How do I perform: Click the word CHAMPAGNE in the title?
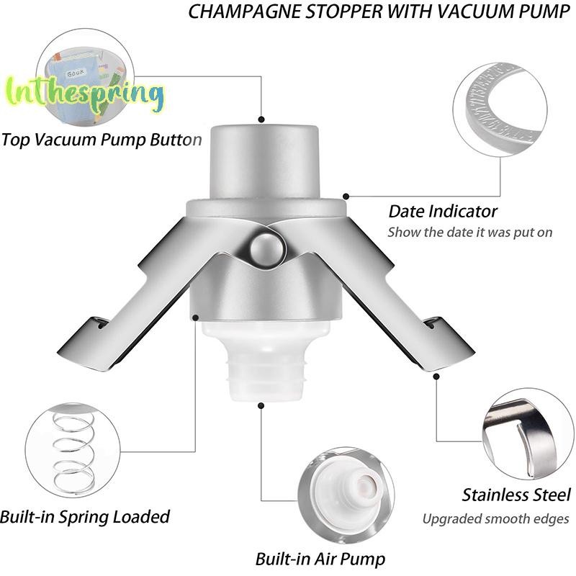pyautogui.click(x=245, y=11)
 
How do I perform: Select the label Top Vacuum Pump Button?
pyautogui.click(x=102, y=140)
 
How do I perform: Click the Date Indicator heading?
pyautogui.click(x=443, y=212)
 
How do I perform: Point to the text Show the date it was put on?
pyautogui.click(x=470, y=233)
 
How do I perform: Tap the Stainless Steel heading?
pyautogui.click(x=516, y=495)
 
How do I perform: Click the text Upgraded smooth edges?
pyautogui.click(x=495, y=518)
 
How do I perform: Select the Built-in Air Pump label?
pyautogui.click(x=320, y=559)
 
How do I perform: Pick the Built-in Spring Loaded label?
pyautogui.click(x=85, y=516)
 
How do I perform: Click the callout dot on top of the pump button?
pyautogui.click(x=261, y=120)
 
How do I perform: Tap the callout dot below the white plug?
pyautogui.click(x=261, y=405)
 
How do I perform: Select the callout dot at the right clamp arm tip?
pyautogui.click(x=436, y=377)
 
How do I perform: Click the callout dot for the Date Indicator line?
pyautogui.click(x=346, y=197)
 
